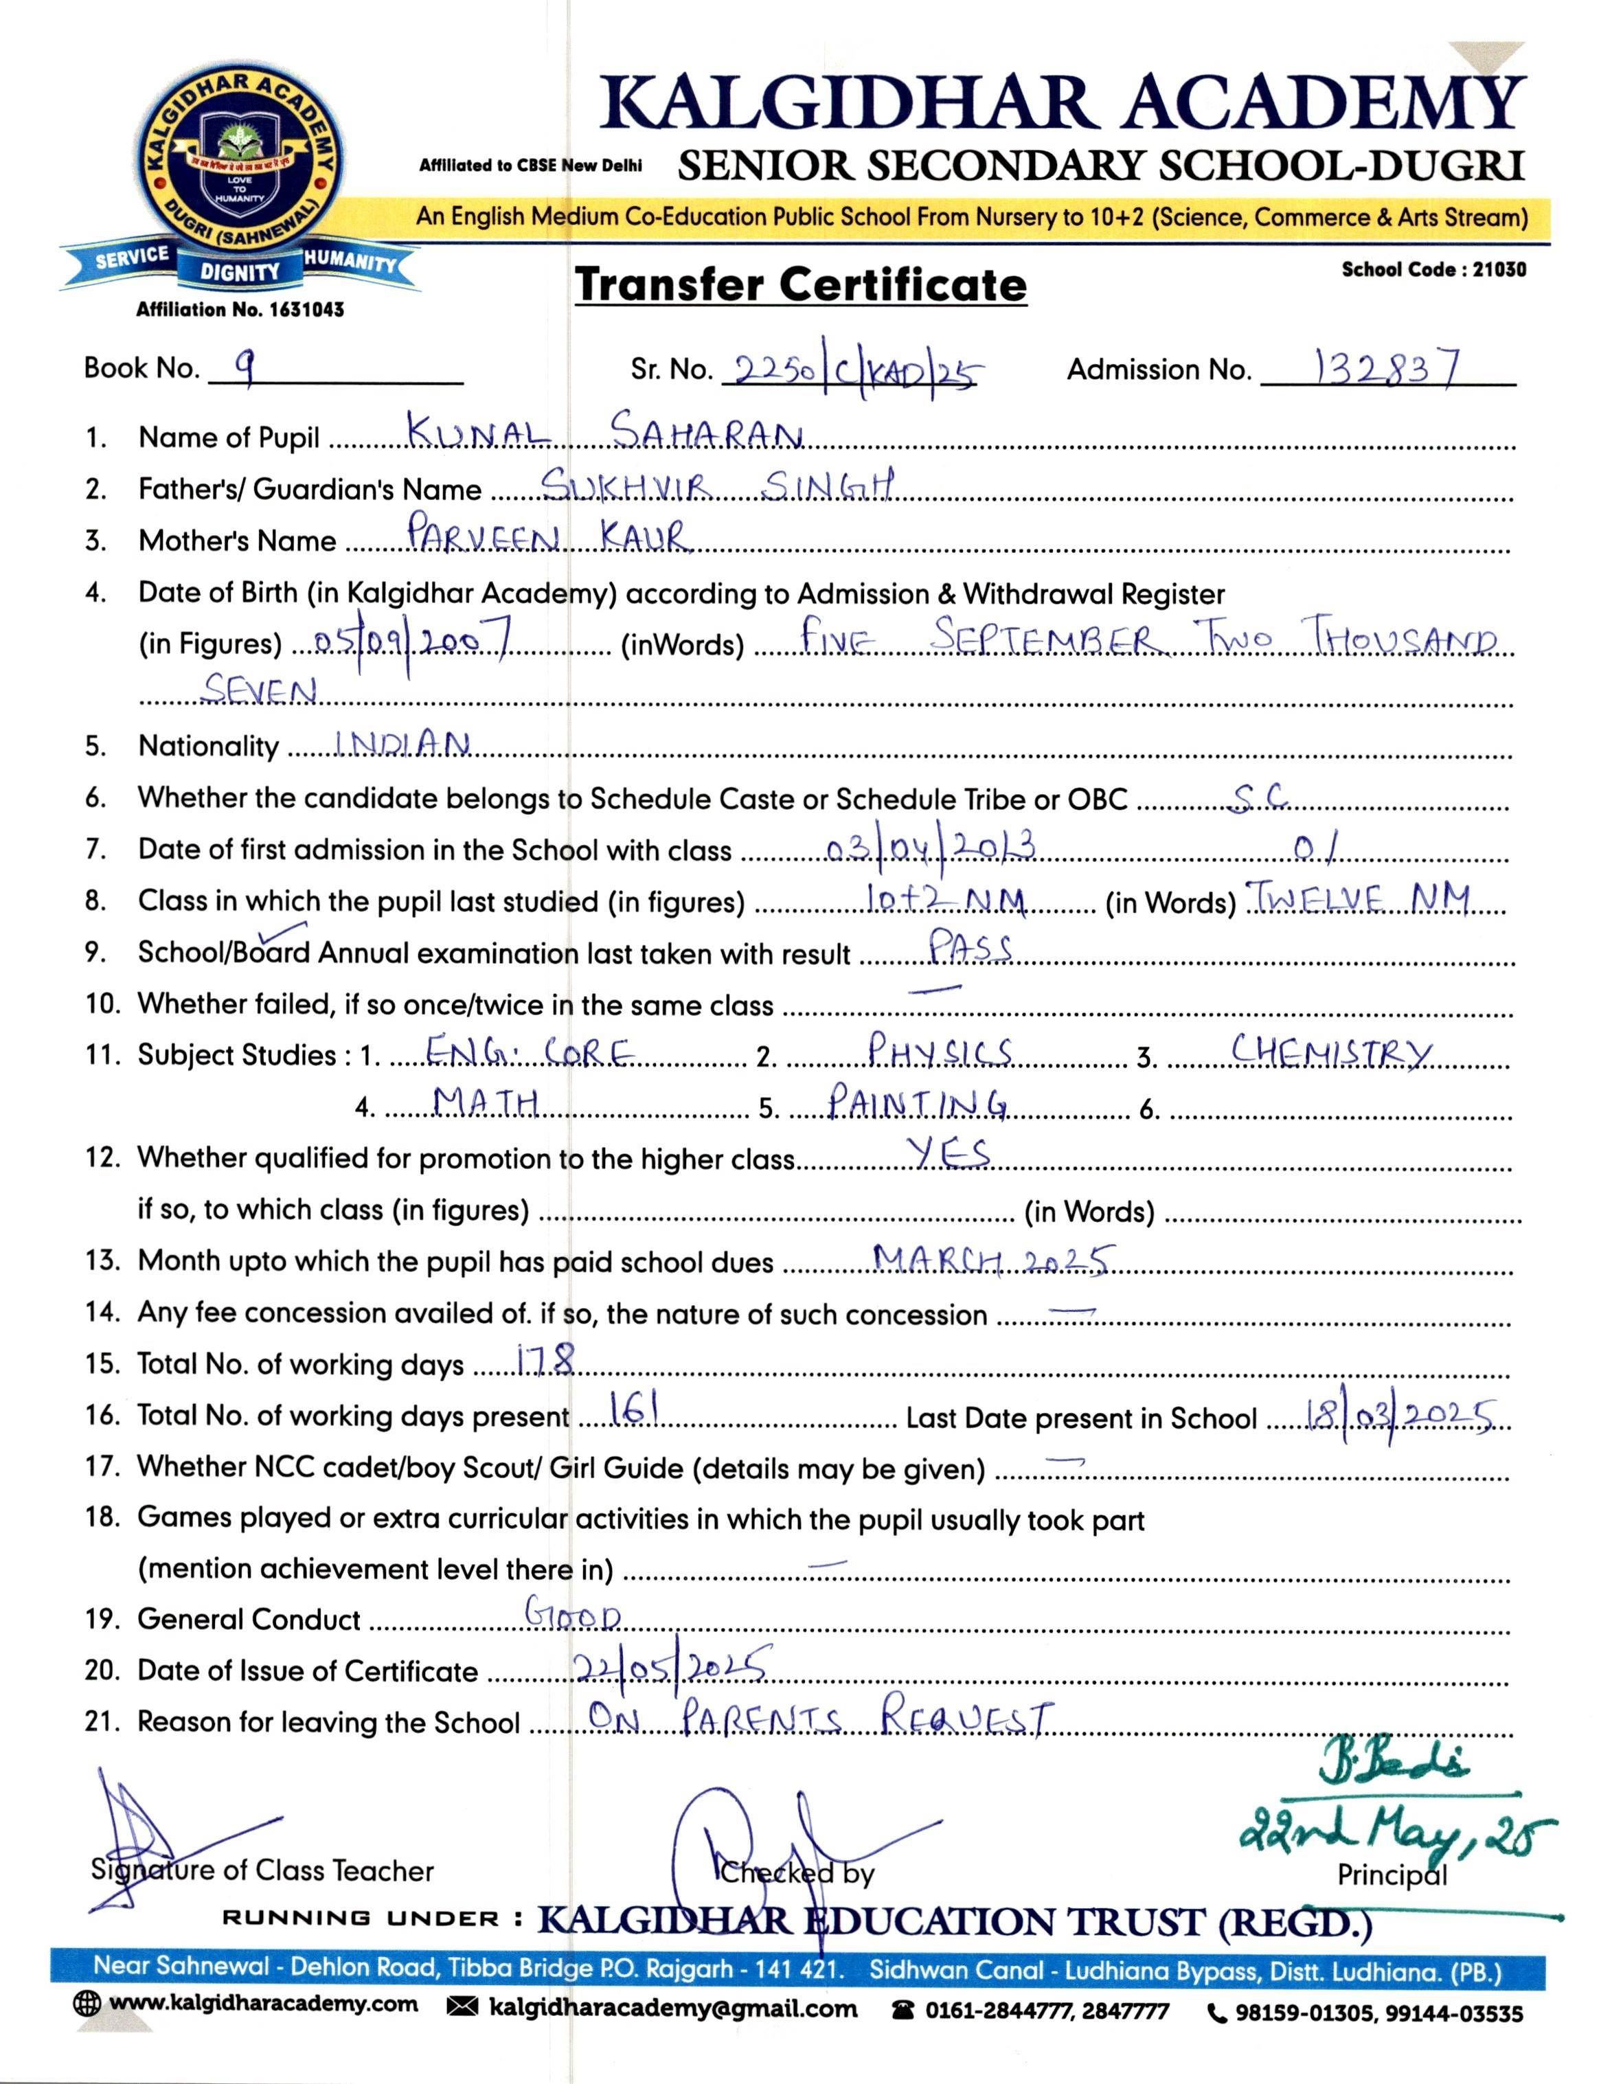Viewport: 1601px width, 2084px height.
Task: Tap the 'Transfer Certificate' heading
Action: coord(801,285)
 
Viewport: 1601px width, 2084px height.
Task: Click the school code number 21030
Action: coord(1499,270)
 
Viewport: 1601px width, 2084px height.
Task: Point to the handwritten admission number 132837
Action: coord(1387,367)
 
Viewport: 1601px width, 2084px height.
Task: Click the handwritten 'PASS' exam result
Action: coord(969,949)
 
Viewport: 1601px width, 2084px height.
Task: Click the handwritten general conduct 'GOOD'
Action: coord(573,1614)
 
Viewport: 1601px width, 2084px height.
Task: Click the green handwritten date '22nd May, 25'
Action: coord(1396,1835)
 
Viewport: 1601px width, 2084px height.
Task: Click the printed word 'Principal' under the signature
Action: coord(1392,1875)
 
